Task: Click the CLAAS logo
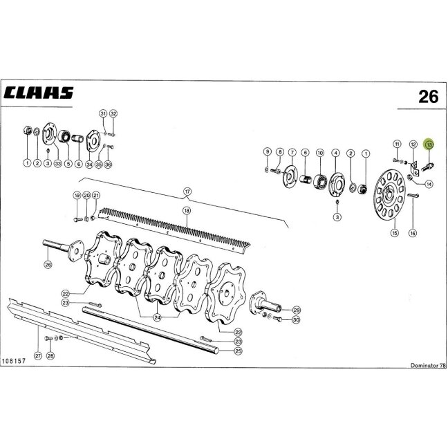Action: pos(39,93)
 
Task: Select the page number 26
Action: pos(428,97)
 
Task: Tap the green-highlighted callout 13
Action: pos(429,145)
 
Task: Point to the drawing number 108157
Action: pos(14,361)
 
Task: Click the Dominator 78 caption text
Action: pos(428,365)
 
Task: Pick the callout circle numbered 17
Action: pos(187,191)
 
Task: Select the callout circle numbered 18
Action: pos(187,211)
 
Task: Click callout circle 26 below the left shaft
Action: pos(48,265)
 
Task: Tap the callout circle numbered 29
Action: pos(297,310)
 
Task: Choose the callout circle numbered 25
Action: pos(239,351)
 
